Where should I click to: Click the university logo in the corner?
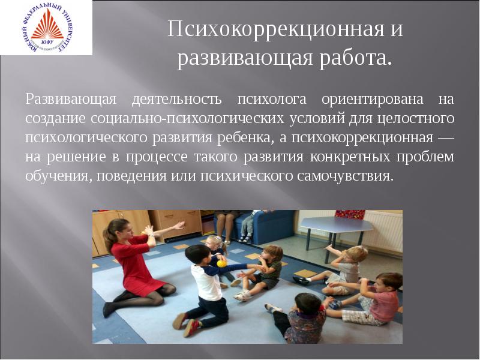tap(46, 28)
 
